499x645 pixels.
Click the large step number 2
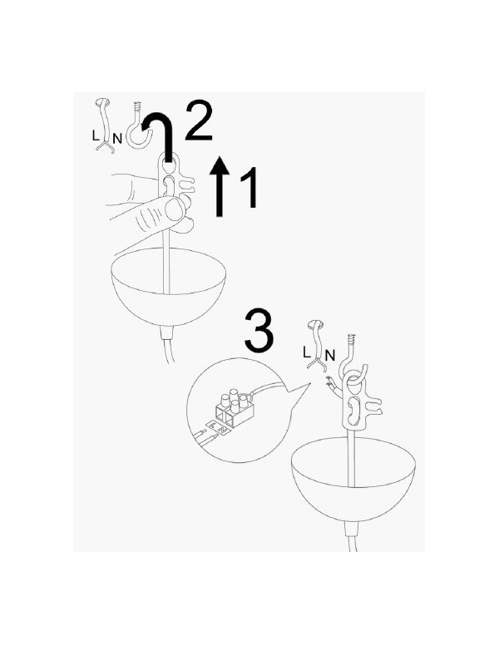coord(199,121)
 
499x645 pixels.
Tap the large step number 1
coord(249,187)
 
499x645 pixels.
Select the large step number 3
coord(259,330)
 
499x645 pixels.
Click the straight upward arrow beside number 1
coord(220,186)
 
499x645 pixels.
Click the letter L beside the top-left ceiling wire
coord(96,135)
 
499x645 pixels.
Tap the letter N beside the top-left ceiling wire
coord(117,139)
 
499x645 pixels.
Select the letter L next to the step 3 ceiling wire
coord(306,352)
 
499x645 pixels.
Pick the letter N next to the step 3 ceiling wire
coord(330,355)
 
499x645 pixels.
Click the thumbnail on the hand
coord(174,209)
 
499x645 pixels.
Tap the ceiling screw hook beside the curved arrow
coord(139,125)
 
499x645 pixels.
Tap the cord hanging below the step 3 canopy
coord(353,537)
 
